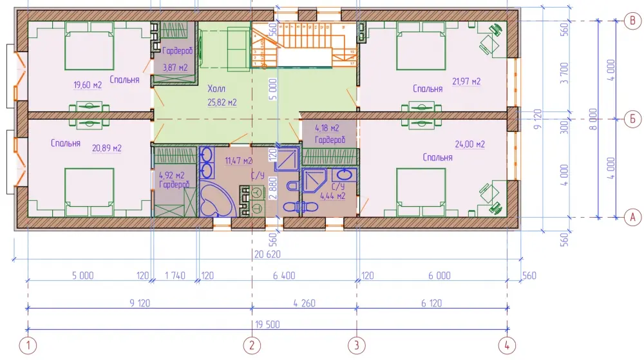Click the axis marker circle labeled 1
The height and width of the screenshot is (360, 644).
click(x=28, y=345)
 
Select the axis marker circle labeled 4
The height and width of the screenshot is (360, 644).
click(x=507, y=345)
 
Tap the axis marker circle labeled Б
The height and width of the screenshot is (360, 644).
click(x=632, y=119)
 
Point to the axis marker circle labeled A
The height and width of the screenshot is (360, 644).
click(x=632, y=217)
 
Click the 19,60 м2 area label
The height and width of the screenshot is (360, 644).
click(x=88, y=86)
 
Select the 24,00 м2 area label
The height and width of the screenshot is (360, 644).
click(x=470, y=144)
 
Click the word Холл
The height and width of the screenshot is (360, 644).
click(x=216, y=89)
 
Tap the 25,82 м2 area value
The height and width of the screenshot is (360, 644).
click(x=222, y=102)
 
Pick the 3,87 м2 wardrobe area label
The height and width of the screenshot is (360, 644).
click(x=175, y=68)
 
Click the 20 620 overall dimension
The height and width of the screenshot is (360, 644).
click(x=267, y=254)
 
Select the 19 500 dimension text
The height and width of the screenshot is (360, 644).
click(x=267, y=325)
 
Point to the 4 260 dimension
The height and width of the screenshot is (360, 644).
click(x=305, y=303)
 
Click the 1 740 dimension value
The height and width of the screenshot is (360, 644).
click(x=175, y=276)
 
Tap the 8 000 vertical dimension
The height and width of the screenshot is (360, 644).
click(x=592, y=119)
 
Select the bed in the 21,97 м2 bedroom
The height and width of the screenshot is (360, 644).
click(x=421, y=46)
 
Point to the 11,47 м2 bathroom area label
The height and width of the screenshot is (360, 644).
click(x=239, y=160)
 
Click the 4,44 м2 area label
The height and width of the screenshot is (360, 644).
click(x=333, y=196)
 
